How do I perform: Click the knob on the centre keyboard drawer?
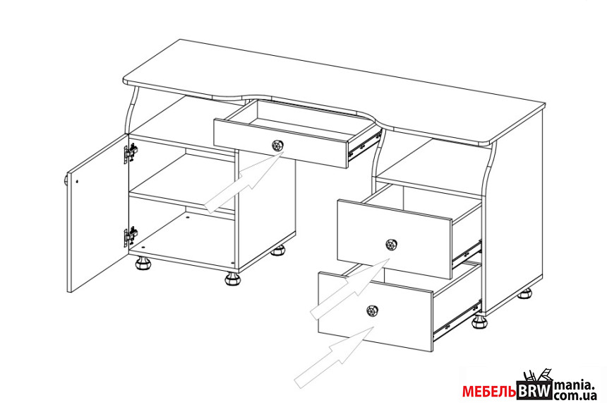coord(277,146)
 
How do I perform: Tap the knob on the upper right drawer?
coord(392,245)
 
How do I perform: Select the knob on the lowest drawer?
coord(372,310)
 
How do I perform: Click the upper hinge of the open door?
coord(131,153)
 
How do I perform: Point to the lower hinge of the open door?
coord(131,237)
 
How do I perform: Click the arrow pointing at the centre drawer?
coord(244,182)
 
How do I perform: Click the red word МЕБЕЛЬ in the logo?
coord(489,392)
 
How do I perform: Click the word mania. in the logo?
coord(574,385)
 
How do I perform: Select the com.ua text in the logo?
coord(575,395)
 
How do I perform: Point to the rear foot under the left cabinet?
coord(278,250)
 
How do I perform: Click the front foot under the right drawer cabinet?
coord(480,322)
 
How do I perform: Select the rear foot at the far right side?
coord(524,293)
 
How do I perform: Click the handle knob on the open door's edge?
coord(66,180)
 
